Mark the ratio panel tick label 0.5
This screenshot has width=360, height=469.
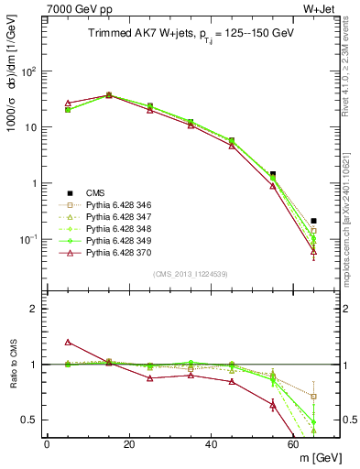pos(32,420)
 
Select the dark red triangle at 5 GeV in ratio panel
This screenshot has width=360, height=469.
pos(68,342)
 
